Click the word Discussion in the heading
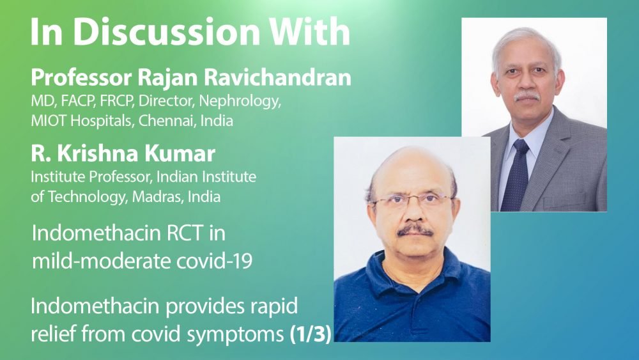[x=166, y=31]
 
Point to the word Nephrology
[x=240, y=101]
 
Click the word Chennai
[x=167, y=121]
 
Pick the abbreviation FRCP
[x=117, y=100]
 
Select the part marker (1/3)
[x=310, y=334]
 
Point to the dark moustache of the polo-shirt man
[x=415, y=230]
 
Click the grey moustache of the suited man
[x=527, y=97]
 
